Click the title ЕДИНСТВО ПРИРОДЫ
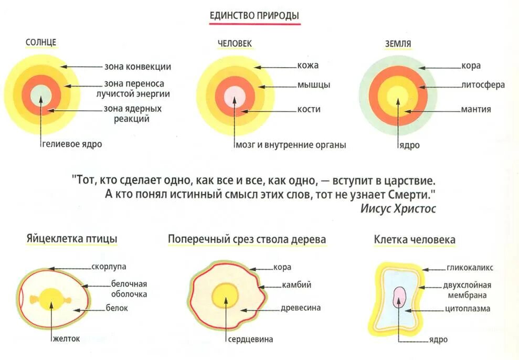click(x=255, y=15)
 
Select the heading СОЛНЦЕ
click(x=41, y=43)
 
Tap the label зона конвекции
click(x=137, y=67)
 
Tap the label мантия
click(x=476, y=109)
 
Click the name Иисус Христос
click(x=398, y=208)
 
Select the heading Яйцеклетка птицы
click(x=72, y=239)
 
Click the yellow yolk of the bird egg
click(x=51, y=300)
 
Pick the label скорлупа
click(x=109, y=267)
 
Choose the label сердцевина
click(x=250, y=339)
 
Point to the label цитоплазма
click(x=468, y=309)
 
